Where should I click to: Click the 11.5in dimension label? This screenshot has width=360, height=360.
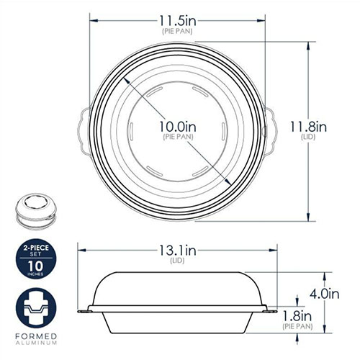[178, 21]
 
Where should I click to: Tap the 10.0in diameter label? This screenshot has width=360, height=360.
[178, 127]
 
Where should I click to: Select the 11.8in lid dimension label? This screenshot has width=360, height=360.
[308, 127]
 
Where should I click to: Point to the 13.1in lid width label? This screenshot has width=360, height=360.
[178, 251]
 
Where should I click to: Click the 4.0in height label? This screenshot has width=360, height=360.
[324, 294]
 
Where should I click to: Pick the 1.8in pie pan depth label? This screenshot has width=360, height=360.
[297, 316]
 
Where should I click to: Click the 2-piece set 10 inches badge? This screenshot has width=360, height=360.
[36, 258]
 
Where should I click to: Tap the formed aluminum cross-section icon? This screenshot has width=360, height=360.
[36, 308]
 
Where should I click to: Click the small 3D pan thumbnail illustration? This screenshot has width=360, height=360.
[36, 210]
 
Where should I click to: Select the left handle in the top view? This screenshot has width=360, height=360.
[84, 132]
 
